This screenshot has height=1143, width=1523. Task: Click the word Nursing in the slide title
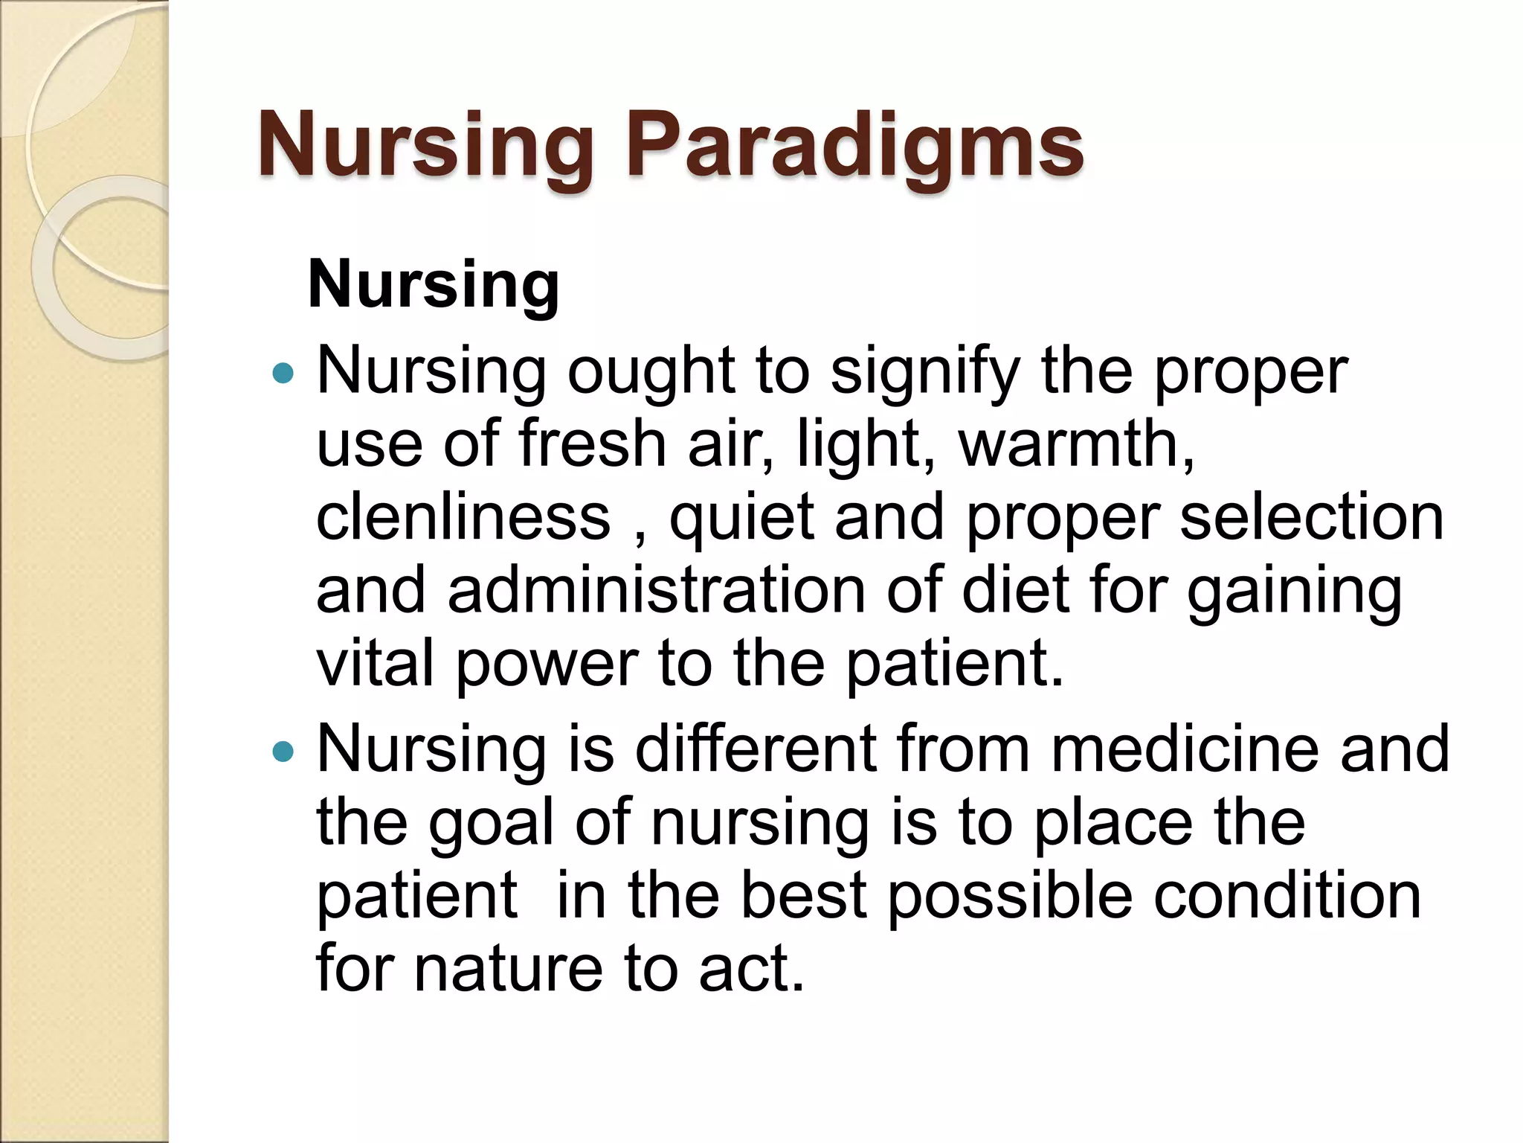click(x=425, y=145)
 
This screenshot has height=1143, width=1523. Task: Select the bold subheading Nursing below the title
click(x=433, y=284)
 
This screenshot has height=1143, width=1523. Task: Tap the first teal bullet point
click(x=283, y=373)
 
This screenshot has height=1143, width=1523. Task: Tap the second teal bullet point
click(x=283, y=752)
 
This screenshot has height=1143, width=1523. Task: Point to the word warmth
click(x=1075, y=444)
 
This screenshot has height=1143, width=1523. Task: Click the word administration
click(x=656, y=590)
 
